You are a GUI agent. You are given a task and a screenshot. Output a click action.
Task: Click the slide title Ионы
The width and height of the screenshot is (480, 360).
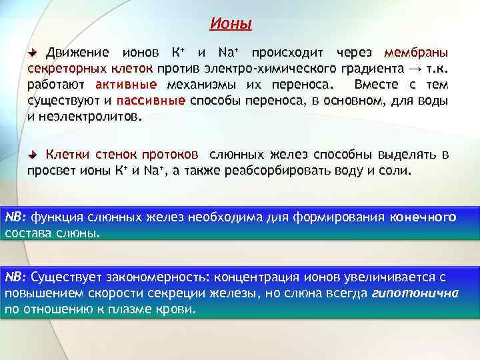(x=231, y=25)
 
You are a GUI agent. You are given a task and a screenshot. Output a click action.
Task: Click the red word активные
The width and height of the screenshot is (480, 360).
(x=126, y=85)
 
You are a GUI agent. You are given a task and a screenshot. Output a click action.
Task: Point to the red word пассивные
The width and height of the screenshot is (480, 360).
(x=151, y=101)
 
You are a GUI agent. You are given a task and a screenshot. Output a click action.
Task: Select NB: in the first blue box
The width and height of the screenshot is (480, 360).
(x=16, y=217)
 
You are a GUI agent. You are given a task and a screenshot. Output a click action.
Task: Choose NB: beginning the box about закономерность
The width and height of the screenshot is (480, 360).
(x=16, y=276)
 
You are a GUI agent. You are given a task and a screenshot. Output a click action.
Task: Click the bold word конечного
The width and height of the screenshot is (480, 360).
(x=423, y=217)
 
